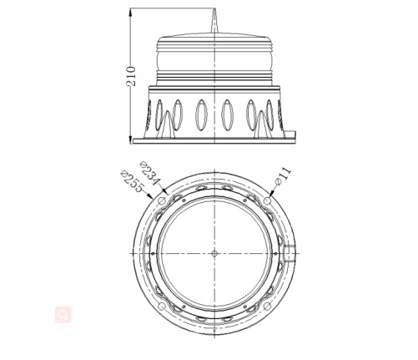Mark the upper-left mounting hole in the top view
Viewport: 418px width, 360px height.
click(162, 201)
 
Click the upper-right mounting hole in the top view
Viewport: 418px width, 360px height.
click(266, 201)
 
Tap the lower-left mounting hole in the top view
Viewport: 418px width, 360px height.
click(162, 306)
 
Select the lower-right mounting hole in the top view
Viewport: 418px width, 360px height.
click(266, 306)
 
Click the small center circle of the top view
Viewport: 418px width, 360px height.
click(214, 253)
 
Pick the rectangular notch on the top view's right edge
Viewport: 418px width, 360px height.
click(287, 253)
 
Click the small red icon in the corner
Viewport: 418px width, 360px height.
click(61, 315)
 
